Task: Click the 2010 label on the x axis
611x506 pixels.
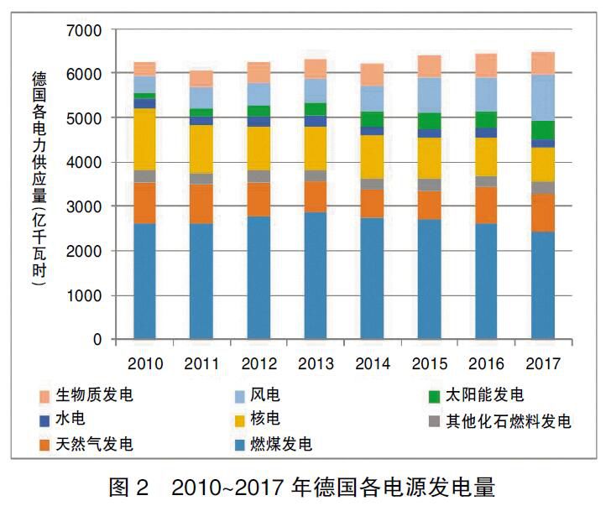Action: [145, 363]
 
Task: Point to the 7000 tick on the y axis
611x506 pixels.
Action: [83, 30]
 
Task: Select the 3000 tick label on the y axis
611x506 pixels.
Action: [83, 207]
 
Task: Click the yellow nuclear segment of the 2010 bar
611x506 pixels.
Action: [144, 138]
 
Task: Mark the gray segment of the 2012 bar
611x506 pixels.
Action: [258, 176]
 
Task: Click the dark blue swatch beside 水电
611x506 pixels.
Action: [44, 420]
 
